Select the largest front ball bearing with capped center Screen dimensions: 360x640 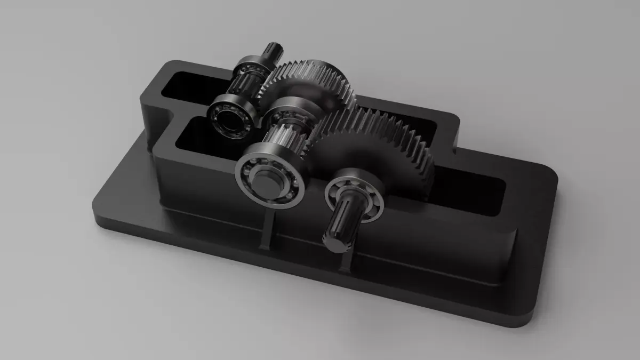[270, 177]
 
